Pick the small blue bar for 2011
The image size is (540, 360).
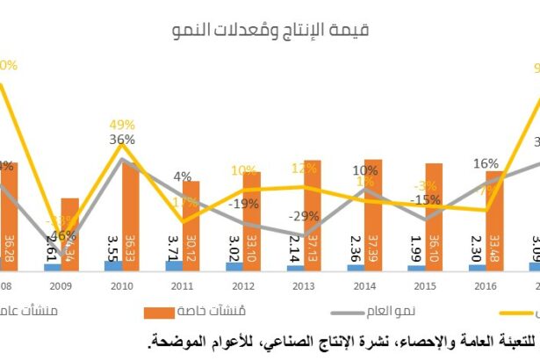click(174, 264)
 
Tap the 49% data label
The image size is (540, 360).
click(122, 124)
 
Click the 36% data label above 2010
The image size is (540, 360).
click(122, 139)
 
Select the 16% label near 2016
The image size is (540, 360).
click(486, 163)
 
